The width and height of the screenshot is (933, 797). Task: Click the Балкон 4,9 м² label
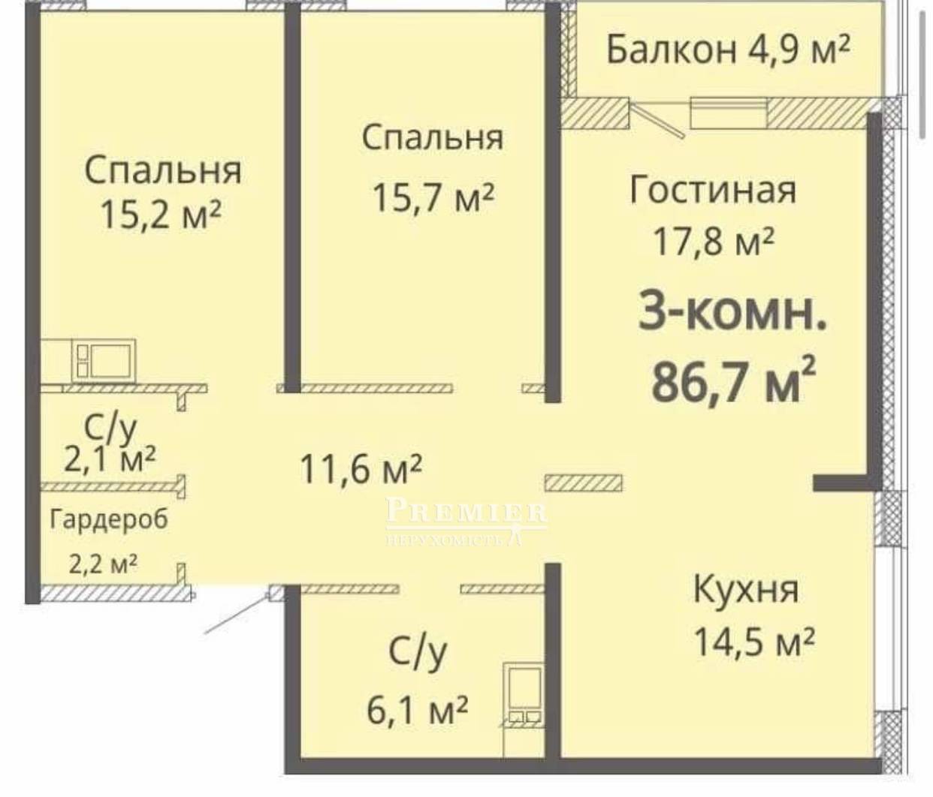click(x=728, y=50)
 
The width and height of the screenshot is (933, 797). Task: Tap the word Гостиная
click(x=713, y=190)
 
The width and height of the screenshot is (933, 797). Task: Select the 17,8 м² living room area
click(x=714, y=242)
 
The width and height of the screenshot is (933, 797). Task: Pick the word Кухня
click(x=746, y=589)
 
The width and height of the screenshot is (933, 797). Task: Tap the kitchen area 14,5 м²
click(x=753, y=642)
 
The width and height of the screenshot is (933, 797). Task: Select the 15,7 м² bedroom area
click(x=433, y=197)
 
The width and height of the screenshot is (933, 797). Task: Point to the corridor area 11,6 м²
click(x=361, y=468)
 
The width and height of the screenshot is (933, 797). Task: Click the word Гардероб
click(x=109, y=519)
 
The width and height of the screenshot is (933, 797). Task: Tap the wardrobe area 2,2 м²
click(x=103, y=564)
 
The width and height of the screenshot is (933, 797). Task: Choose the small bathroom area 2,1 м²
click(x=110, y=459)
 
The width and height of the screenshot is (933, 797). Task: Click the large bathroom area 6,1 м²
click(x=417, y=710)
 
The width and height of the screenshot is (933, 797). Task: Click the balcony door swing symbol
click(x=657, y=120)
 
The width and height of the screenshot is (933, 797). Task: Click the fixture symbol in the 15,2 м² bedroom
click(x=104, y=361)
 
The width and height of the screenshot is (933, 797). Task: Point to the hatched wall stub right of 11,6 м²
click(x=583, y=483)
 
